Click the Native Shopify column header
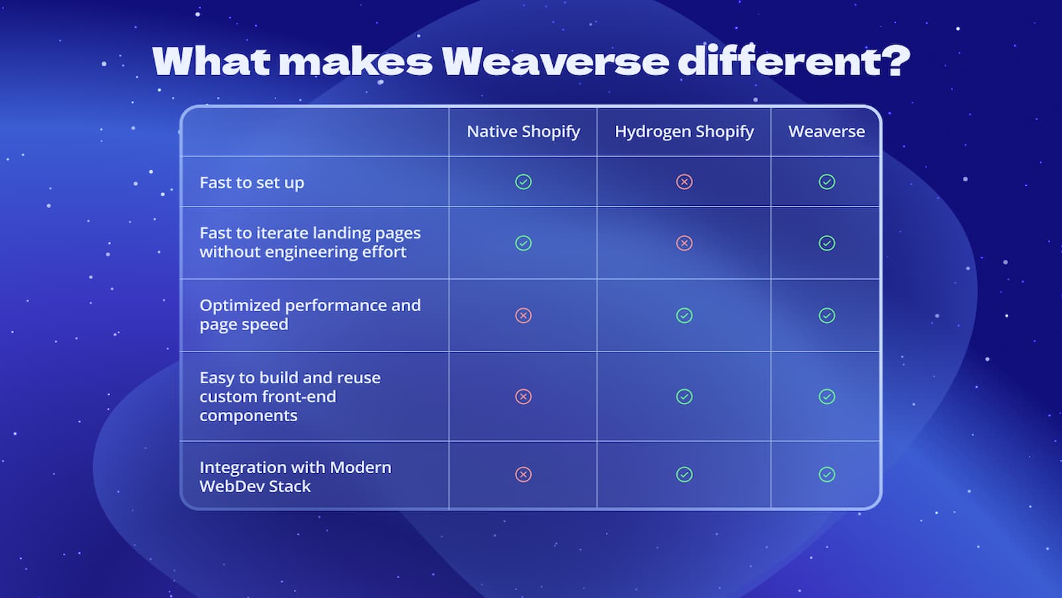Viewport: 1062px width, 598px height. [523, 132]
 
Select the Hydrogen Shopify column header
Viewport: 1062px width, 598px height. [684, 132]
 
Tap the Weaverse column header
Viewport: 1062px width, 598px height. [826, 132]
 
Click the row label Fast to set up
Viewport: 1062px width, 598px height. [252, 183]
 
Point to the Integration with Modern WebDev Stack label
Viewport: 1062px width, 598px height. [295, 476]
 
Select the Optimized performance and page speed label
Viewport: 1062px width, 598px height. [309, 314]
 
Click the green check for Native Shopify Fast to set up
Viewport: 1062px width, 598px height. [523, 181]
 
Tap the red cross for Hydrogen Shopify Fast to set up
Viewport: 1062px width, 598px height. [684, 181]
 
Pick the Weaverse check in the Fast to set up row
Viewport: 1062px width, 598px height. [826, 181]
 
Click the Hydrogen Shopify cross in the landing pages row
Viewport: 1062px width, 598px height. [684, 243]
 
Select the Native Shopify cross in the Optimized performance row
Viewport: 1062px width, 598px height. [523, 316]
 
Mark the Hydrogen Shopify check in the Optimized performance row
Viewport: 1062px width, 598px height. [684, 316]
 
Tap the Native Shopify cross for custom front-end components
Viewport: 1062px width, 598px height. [523, 397]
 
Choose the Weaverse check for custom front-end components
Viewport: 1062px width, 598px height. [826, 397]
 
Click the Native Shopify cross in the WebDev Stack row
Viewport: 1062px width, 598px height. [523, 474]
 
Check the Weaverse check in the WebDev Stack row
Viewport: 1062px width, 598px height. [826, 474]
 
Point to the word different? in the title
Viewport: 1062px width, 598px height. [794, 61]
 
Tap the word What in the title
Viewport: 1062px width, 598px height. [211, 61]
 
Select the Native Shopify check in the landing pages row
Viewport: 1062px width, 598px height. [523, 243]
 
